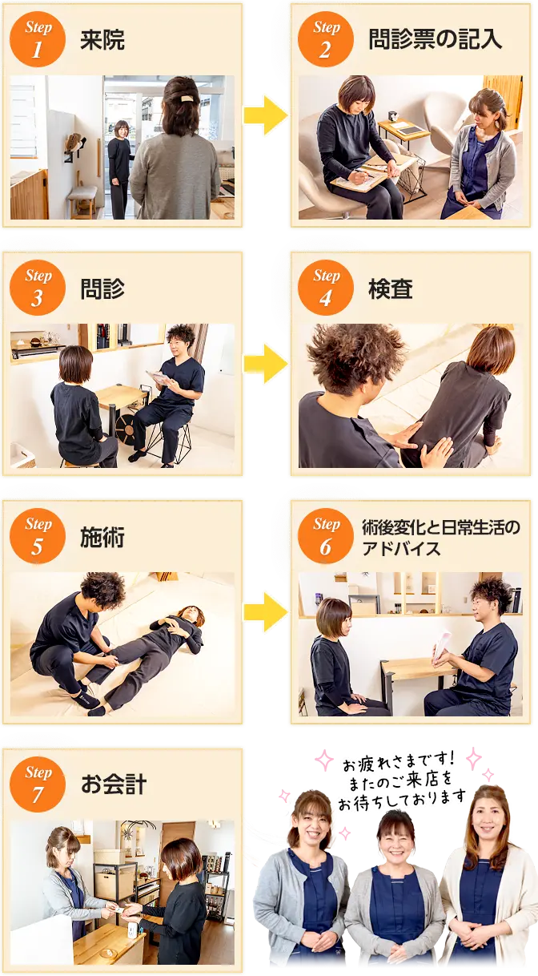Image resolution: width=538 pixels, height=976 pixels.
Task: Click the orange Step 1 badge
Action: click(x=38, y=39)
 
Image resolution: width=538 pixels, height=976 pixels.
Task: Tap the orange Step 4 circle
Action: click(x=326, y=288)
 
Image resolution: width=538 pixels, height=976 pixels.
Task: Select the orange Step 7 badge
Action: click(x=38, y=784)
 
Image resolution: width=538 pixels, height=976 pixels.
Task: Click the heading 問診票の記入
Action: click(x=435, y=39)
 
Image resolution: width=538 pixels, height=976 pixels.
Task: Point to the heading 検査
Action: click(x=391, y=288)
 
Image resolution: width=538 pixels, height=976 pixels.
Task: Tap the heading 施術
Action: click(x=102, y=537)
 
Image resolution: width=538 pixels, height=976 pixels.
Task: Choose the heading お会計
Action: click(x=114, y=784)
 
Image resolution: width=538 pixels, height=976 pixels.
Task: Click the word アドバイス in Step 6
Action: click(x=401, y=548)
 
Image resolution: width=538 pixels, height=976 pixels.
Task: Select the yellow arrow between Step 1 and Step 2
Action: click(x=266, y=115)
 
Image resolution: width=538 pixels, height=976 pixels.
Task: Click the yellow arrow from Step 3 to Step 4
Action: click(x=266, y=364)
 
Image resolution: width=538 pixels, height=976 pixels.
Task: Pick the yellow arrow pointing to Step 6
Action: click(x=266, y=612)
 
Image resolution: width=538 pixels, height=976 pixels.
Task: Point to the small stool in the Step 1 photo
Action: click(x=82, y=200)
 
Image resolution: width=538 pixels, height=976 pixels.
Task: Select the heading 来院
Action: click(x=102, y=39)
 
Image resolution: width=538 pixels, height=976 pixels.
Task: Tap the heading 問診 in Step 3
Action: click(x=102, y=288)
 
